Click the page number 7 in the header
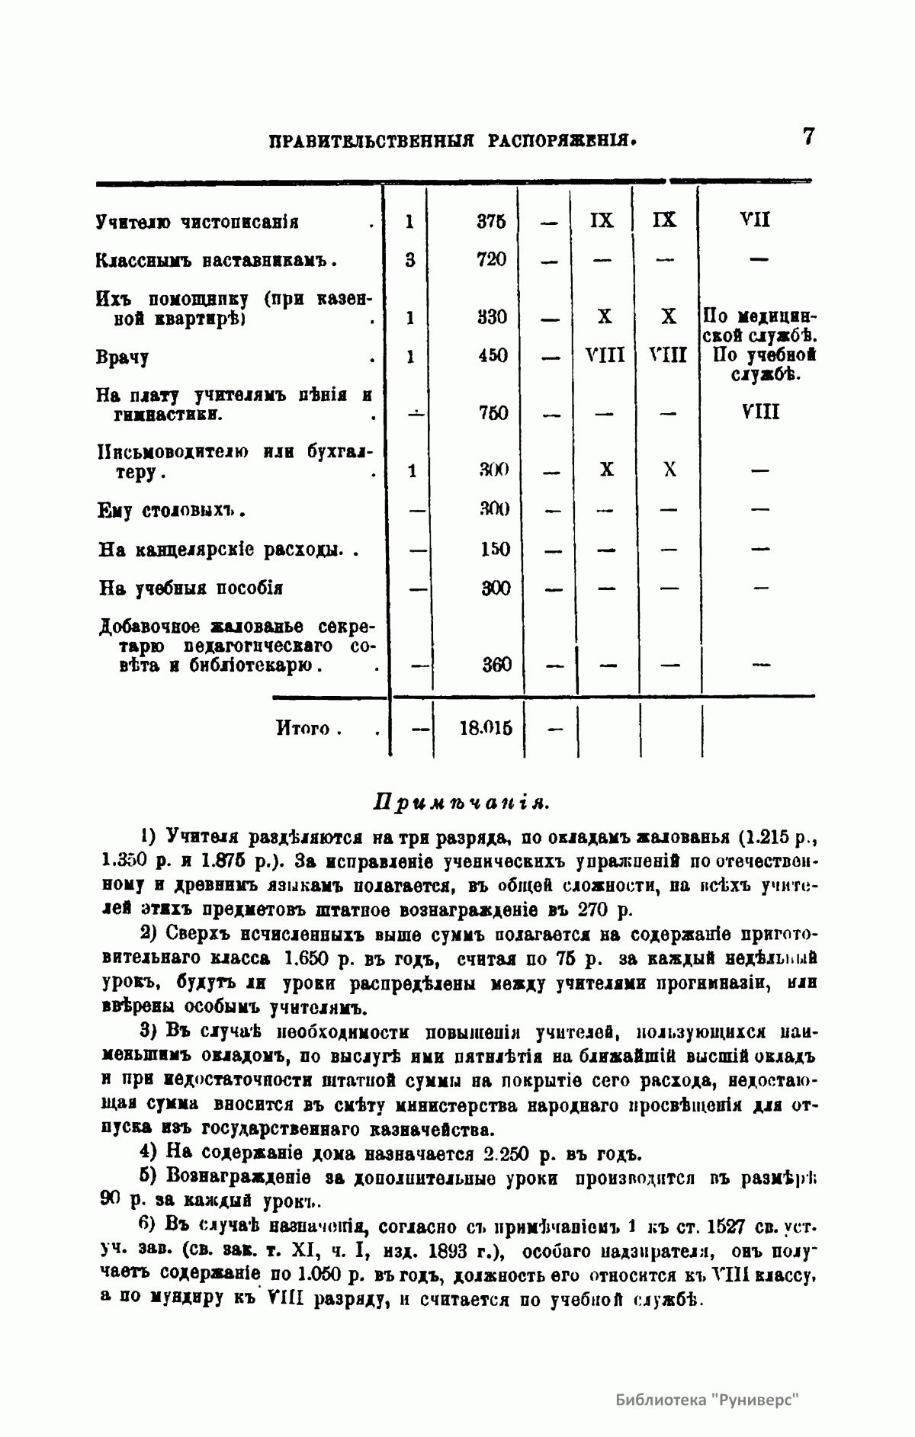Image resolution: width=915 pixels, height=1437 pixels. point(808,137)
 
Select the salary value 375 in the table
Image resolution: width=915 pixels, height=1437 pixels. point(491,221)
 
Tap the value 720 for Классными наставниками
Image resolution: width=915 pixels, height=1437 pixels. point(491,259)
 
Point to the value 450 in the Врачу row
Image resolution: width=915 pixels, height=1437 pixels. point(493,356)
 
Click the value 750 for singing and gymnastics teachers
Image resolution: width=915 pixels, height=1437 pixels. point(493,414)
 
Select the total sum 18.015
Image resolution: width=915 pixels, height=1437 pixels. point(486,727)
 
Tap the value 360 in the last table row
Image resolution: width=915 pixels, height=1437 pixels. point(496,665)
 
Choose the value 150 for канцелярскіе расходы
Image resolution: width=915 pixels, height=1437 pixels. point(495,550)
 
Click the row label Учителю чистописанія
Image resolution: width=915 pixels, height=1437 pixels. point(197,223)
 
